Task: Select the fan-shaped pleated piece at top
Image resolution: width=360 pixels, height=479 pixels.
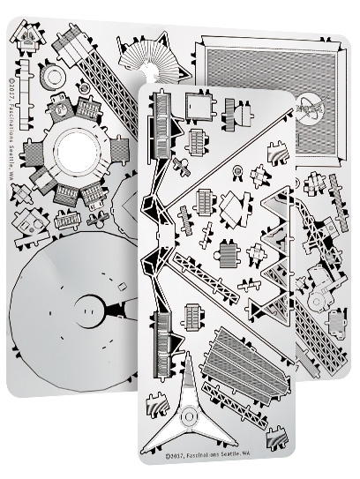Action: coord(158,62)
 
